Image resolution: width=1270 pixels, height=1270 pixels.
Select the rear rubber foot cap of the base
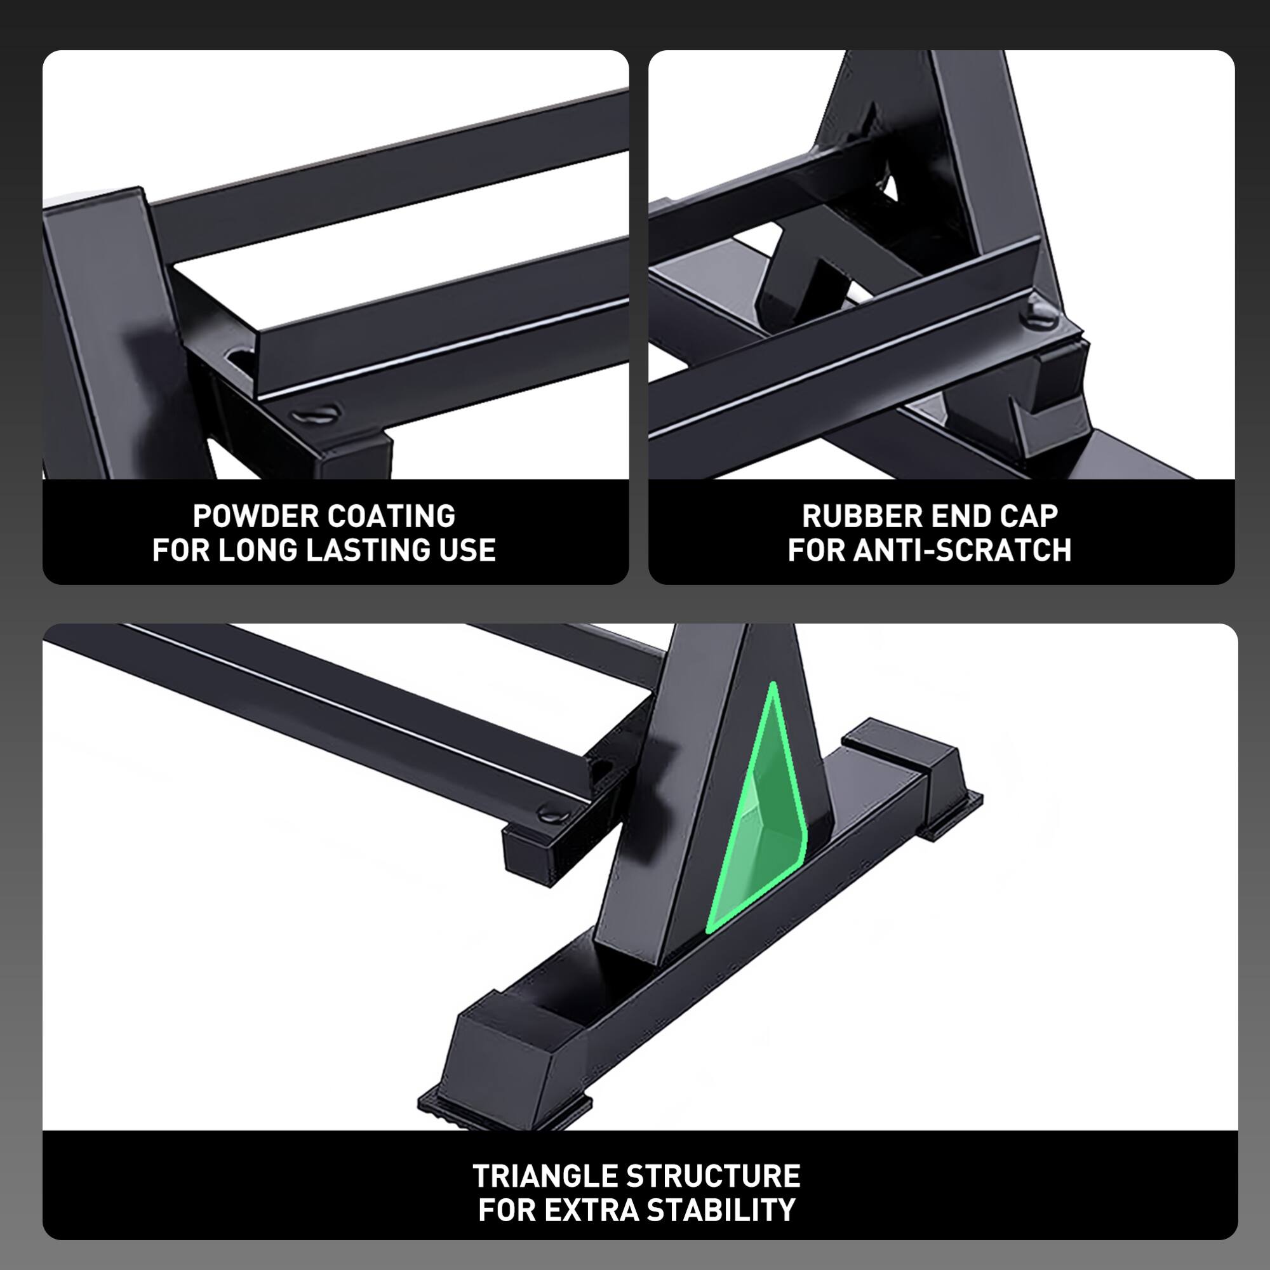tap(920, 772)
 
